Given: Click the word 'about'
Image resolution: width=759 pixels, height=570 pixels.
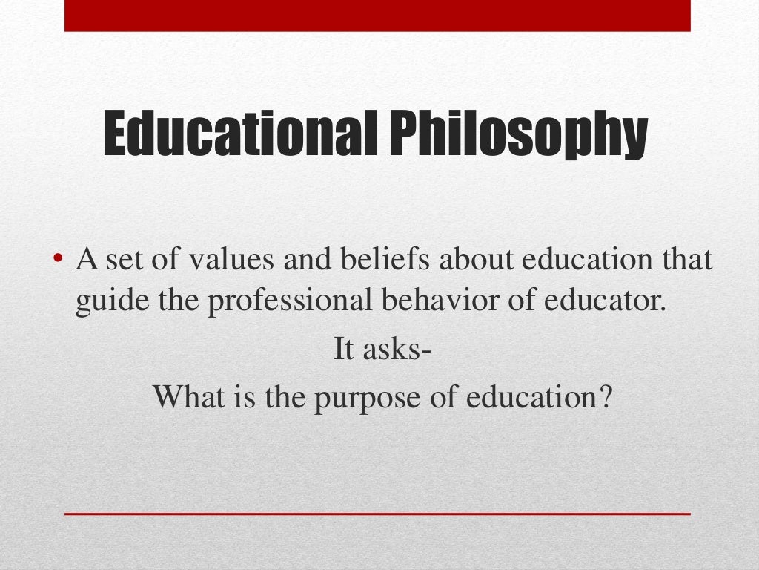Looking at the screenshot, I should click(x=472, y=261).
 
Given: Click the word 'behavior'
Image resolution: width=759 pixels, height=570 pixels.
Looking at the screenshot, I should click(x=423, y=304).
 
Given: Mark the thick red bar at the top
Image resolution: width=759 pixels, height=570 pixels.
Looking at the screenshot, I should click(x=377, y=16).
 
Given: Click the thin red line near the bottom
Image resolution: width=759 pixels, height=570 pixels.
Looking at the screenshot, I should click(x=377, y=514).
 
